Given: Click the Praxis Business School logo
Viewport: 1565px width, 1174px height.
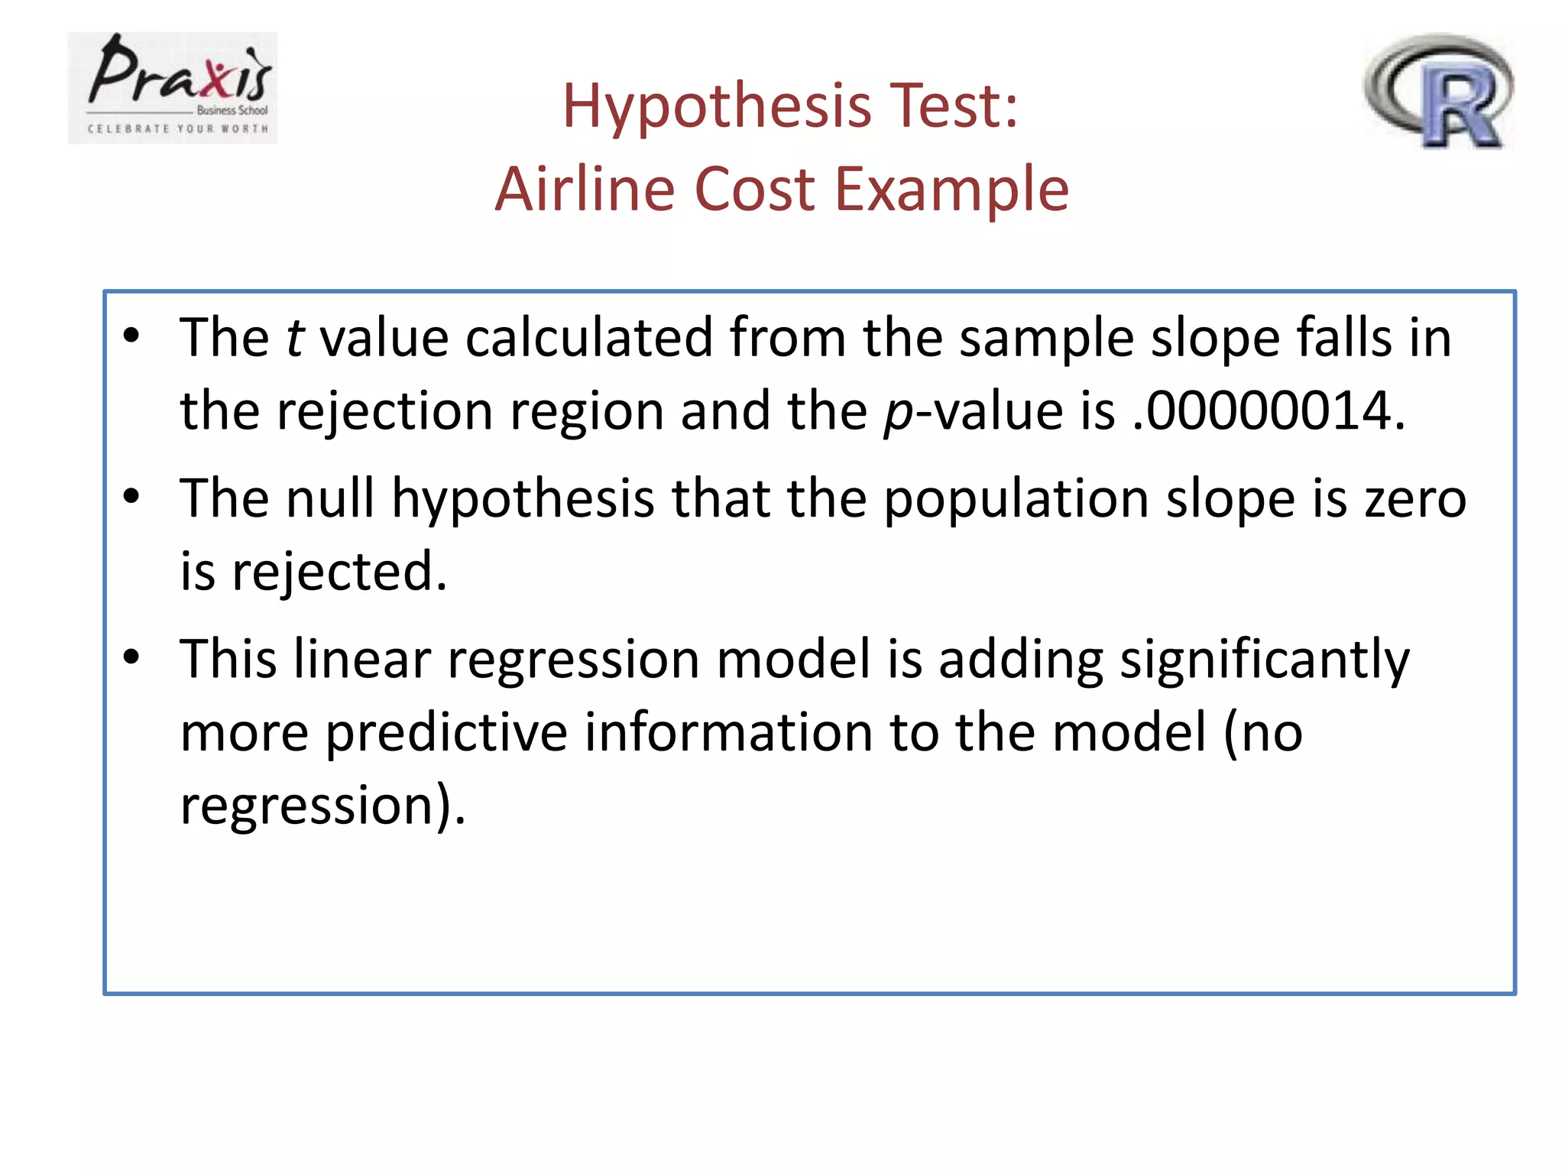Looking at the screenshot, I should (x=172, y=88).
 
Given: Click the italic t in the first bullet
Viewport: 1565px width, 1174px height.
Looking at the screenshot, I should (x=295, y=338).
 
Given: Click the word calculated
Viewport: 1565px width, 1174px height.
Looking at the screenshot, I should (x=589, y=338).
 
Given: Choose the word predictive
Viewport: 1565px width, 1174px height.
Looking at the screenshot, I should (x=446, y=732).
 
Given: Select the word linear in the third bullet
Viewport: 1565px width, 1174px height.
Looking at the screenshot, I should (x=362, y=659).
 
